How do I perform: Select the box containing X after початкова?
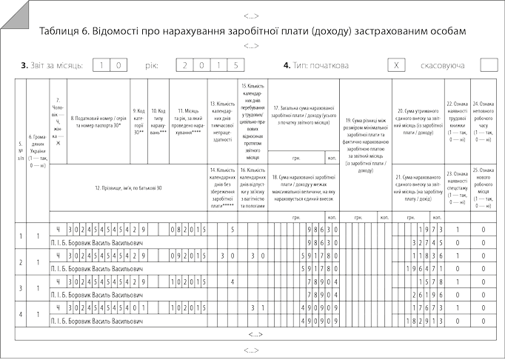(397, 65)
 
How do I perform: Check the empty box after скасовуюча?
(489, 65)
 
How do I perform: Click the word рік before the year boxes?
(152, 66)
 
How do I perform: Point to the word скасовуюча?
(442, 66)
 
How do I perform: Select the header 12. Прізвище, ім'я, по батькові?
(128, 187)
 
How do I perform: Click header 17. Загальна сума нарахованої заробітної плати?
(301, 112)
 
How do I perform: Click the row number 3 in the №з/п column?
(19, 288)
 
